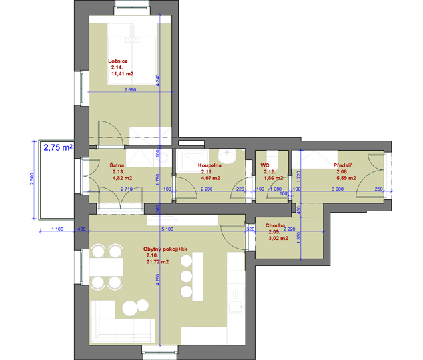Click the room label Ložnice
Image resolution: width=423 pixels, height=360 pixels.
pos(118,61)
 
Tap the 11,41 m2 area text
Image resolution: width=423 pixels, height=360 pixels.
pos(122,74)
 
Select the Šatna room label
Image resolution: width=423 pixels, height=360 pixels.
pos(117,165)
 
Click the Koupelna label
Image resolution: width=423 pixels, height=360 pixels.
pos(210,165)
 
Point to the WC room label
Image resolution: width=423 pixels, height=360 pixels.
pos(265,165)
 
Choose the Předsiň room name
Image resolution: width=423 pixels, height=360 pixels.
pos(343,165)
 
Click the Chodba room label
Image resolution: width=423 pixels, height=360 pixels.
pos(275,225)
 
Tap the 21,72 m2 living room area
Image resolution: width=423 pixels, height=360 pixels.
pos(158,262)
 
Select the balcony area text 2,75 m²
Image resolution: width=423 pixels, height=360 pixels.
pos(58,147)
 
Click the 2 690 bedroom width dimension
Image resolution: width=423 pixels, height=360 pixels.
pos(130,89)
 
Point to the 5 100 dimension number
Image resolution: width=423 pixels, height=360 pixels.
pos(167,229)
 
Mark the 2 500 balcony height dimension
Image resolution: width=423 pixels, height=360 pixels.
pos(32,179)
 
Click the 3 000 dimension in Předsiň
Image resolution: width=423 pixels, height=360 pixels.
pos(338,189)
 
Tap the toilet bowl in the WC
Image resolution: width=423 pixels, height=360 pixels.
pos(272,159)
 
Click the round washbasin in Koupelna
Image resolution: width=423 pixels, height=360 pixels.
pos(228,157)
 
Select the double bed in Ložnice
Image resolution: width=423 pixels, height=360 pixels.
pos(132,54)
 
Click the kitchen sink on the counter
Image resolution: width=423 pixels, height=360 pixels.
pos(236,301)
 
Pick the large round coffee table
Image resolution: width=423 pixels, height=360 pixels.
pos(130,308)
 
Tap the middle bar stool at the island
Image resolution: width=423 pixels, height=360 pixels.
pos(186,276)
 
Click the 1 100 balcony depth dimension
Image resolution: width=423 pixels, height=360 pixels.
pos(57,229)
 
